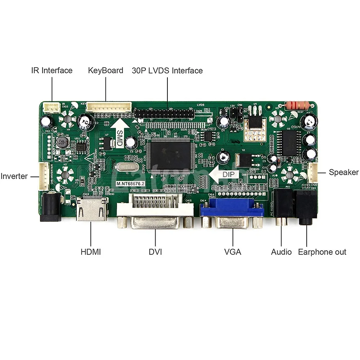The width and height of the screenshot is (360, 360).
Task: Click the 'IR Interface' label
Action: pyautogui.click(x=51, y=71)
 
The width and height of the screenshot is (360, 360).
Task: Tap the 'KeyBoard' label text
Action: pyautogui.click(x=105, y=71)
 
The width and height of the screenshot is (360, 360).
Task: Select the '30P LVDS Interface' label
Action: pyautogui.click(x=167, y=71)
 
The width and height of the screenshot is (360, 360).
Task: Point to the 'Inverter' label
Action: pyautogui.click(x=14, y=176)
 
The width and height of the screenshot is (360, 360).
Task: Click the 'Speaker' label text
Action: pyautogui.click(x=343, y=172)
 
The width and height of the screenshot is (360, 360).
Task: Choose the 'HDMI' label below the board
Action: pyautogui.click(x=91, y=252)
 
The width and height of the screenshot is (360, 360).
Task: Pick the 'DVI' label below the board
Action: pyautogui.click(x=155, y=252)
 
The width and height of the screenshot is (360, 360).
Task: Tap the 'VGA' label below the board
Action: pyautogui.click(x=233, y=252)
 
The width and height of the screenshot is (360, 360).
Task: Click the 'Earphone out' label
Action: pyautogui.click(x=322, y=252)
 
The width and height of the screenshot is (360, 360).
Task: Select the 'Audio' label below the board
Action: pyautogui.click(x=281, y=252)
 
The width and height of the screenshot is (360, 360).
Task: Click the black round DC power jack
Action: pyautogui.click(x=51, y=207)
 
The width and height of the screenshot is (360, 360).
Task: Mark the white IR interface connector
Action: pyautogui.click(x=51, y=107)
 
